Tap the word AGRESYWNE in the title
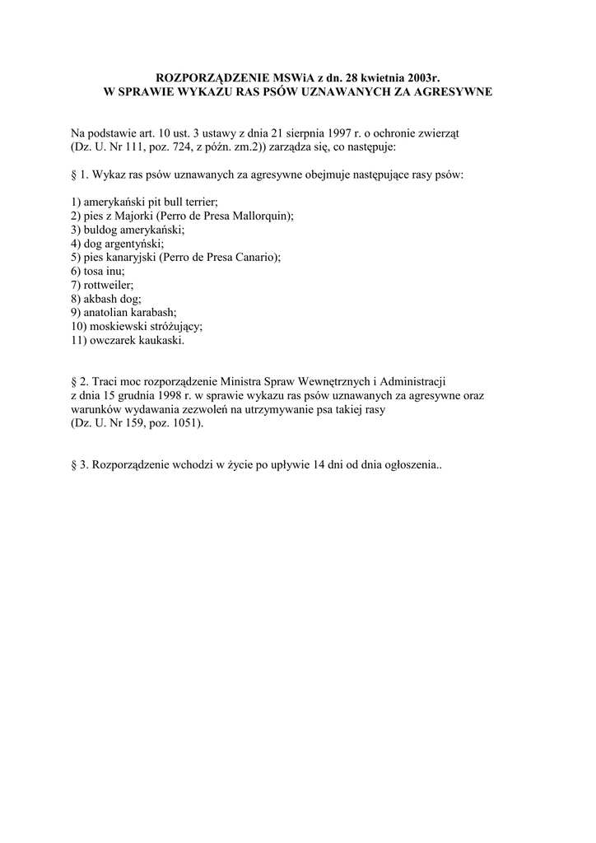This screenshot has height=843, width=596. (x=448, y=91)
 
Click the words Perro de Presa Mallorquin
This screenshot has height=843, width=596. (x=224, y=214)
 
